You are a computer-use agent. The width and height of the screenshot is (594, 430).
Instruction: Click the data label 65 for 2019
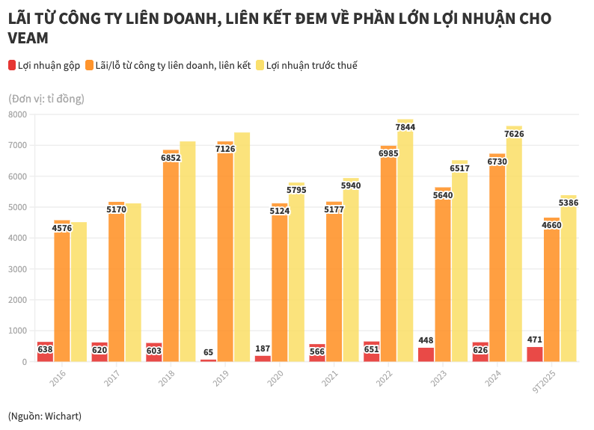click(x=209, y=352)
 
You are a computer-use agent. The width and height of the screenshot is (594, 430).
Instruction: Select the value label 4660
click(x=552, y=225)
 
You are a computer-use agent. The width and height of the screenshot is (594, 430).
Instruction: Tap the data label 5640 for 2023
click(x=443, y=195)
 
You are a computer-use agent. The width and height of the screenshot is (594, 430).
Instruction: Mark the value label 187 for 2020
click(x=263, y=348)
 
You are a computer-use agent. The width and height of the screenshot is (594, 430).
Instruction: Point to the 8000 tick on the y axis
click(x=17, y=114)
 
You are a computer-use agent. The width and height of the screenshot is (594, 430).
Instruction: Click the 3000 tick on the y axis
click(x=17, y=269)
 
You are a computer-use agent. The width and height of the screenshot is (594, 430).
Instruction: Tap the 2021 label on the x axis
click(x=330, y=379)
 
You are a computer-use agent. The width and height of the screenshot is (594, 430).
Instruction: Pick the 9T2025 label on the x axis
click(x=544, y=382)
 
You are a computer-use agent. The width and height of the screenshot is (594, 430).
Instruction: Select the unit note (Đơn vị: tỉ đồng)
click(x=46, y=98)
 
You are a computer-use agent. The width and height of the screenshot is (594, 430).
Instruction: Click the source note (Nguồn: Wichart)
click(x=45, y=415)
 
